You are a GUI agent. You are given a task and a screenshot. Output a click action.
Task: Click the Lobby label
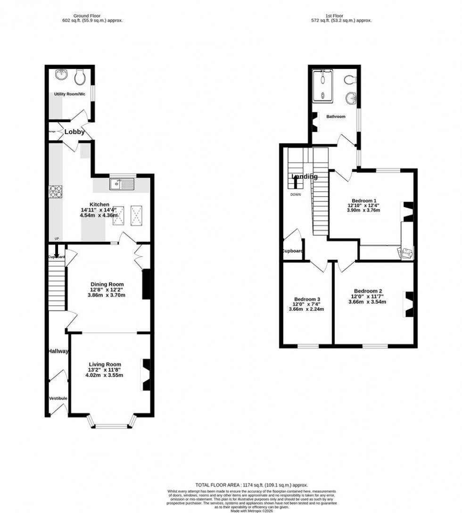click(74, 132)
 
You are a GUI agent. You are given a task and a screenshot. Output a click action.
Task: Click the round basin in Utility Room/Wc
click(61, 74)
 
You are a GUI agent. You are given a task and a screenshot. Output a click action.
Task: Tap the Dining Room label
click(107, 284)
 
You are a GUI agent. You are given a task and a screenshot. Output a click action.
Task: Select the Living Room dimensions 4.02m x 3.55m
click(104, 375)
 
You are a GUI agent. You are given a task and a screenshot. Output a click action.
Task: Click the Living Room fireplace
click(146, 374)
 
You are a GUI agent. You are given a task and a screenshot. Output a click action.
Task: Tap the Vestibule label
click(58, 398)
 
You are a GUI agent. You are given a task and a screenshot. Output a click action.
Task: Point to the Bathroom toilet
click(351, 79)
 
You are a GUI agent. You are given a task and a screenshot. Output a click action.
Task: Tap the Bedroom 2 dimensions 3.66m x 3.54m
click(367, 302)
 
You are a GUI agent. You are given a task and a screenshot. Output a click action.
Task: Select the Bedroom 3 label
click(307, 299)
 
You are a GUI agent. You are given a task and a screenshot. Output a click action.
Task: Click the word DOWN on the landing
click(296, 194)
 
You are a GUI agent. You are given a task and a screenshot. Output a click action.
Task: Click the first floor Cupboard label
click(293, 251)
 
